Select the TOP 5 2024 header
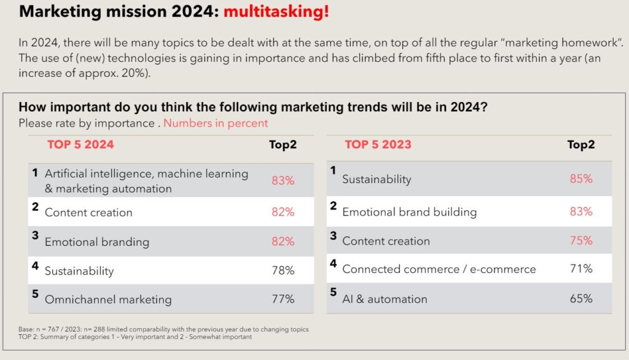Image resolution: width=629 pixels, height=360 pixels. coord(80,145)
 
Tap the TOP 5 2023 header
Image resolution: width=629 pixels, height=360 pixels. coord(378,145)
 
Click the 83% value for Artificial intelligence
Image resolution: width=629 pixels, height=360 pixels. coord(283,181)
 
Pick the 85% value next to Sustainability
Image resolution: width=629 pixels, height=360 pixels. coord(580,179)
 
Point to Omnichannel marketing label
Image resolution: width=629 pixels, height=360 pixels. coord(108,300)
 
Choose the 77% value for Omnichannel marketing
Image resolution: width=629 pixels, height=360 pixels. coord(283,299)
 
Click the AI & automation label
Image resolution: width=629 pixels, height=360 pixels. coord(385,299)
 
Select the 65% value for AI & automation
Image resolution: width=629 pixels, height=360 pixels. coord(580,299)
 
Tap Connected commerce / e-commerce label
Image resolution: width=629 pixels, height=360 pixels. coord(439,269)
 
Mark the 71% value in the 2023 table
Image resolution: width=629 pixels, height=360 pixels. coord(580,268)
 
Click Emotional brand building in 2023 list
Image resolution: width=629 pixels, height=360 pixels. coord(409,212)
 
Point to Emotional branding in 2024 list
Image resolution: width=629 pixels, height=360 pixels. coord(97,241)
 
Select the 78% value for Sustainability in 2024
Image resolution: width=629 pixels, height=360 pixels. coord(283,270)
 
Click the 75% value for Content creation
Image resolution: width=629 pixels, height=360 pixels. coord(580,240)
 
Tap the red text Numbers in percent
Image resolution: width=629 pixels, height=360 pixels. coord(216,123)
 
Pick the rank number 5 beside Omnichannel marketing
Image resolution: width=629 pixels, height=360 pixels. coord(35,294)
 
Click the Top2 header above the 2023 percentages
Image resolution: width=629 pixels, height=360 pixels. coord(580,145)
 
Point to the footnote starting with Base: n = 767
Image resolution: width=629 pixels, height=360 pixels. coord(163,329)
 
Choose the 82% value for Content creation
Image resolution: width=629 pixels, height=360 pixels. coord(283,212)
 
